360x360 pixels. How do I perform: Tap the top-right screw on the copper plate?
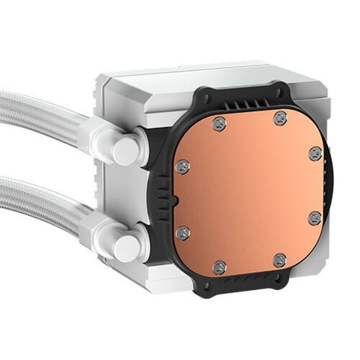coord(280,118)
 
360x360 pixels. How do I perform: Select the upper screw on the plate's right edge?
coord(314,153)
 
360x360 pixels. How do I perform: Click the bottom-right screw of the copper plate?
coord(279,261)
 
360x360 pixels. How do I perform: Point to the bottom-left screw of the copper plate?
coord(220,266)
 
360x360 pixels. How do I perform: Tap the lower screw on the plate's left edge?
coord(183,231)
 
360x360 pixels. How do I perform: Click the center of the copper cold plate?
coord(249,193)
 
